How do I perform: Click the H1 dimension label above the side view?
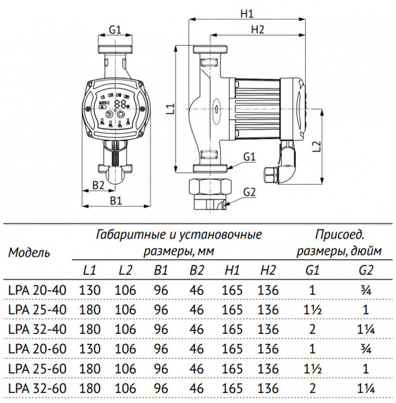pyautogui.click(x=246, y=13)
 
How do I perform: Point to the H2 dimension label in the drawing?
pyautogui.click(x=258, y=29)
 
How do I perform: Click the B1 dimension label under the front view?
pyautogui.click(x=115, y=199)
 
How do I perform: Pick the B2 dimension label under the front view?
pyautogui.click(x=97, y=184)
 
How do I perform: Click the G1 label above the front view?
pyautogui.click(x=115, y=30)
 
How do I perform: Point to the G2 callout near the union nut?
pyautogui.click(x=249, y=192)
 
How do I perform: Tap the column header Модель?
pyautogui.click(x=29, y=253)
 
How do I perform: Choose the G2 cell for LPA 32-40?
pyautogui.click(x=366, y=329)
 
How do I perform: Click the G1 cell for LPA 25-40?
pyautogui.click(x=311, y=310)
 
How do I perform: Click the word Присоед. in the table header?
pyautogui.click(x=340, y=234)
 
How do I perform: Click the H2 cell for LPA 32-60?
pyautogui.click(x=267, y=388)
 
